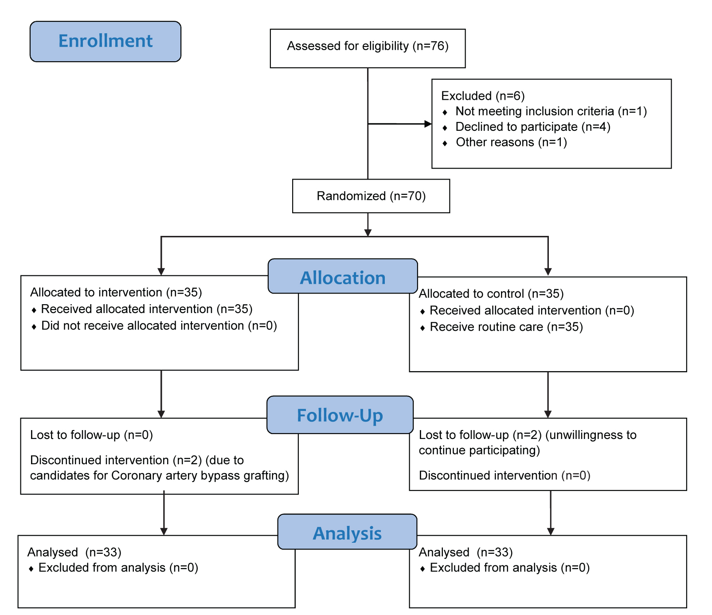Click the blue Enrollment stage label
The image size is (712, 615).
pos(106,41)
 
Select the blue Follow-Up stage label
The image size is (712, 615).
pos(340,415)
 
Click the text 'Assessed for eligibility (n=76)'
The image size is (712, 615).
pos(368,46)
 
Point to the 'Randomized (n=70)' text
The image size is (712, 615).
pos(371,196)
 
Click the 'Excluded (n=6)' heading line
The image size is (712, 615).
pos(483,96)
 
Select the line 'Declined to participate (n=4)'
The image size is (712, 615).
pos(533,127)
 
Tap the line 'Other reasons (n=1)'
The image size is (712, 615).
pos(512,142)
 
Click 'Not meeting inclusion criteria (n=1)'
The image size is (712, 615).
pos(551,111)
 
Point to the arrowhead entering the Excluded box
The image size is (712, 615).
pos(428,124)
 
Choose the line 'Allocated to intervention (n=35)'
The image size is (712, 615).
pos(116,293)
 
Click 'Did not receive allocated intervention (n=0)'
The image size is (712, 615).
pos(159,326)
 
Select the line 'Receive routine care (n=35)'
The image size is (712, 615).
pos(506,327)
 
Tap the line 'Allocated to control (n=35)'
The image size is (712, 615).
pos(491,294)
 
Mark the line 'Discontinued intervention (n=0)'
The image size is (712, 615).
pos(505,476)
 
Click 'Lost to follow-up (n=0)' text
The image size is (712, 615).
pos(92,435)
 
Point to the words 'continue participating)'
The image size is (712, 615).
pos(480,450)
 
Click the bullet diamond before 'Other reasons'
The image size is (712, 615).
pos(445,143)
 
